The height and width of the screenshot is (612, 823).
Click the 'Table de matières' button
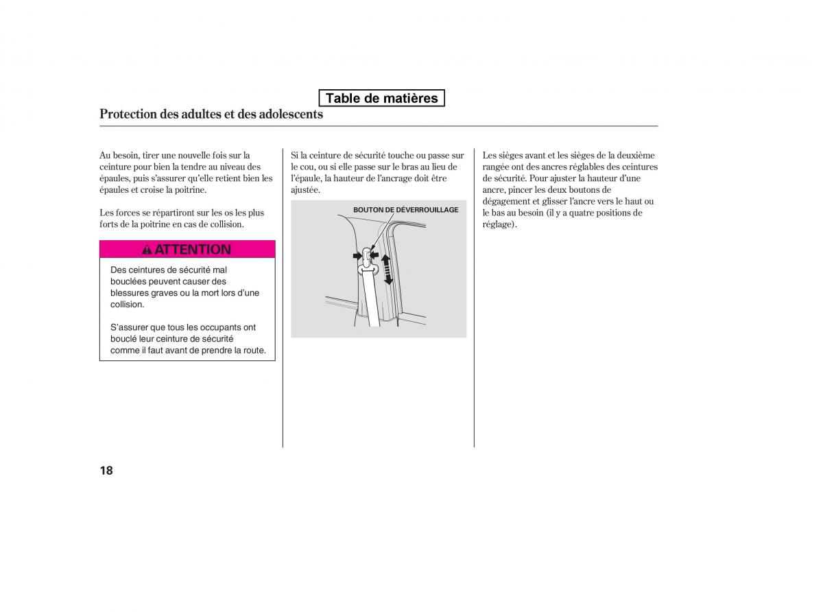[381, 98]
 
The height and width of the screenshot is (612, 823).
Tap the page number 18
[106, 470]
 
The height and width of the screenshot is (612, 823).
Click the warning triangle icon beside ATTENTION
[147, 250]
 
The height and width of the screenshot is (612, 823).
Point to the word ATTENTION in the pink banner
[193, 250]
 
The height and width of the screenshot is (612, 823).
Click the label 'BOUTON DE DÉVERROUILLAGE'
[405, 210]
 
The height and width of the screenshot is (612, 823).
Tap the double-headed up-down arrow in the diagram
[387, 268]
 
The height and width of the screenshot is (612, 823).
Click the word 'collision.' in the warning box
[128, 305]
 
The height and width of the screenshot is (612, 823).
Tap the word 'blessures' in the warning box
[128, 293]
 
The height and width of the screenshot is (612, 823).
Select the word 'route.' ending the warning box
[253, 351]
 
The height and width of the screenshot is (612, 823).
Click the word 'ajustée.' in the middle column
[305, 190]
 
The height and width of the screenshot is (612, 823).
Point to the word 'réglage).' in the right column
[499, 224]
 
